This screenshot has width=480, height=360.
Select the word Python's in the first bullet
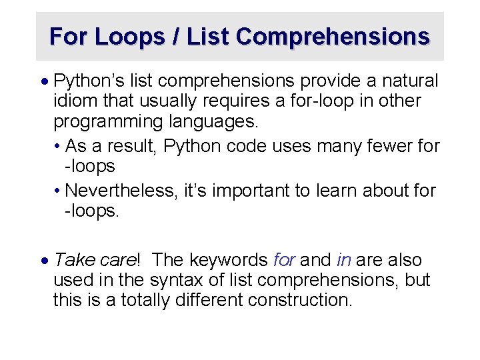pyautogui.click(x=84, y=81)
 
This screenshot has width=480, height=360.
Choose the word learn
pyautogui.click(x=340, y=191)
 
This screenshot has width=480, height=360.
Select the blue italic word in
pyautogui.click(x=344, y=260)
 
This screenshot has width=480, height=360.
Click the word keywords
pyautogui.click(x=229, y=260)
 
